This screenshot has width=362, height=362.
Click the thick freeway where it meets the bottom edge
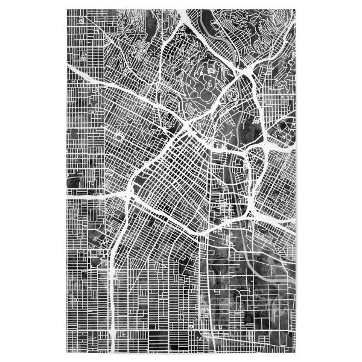point(114,347)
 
